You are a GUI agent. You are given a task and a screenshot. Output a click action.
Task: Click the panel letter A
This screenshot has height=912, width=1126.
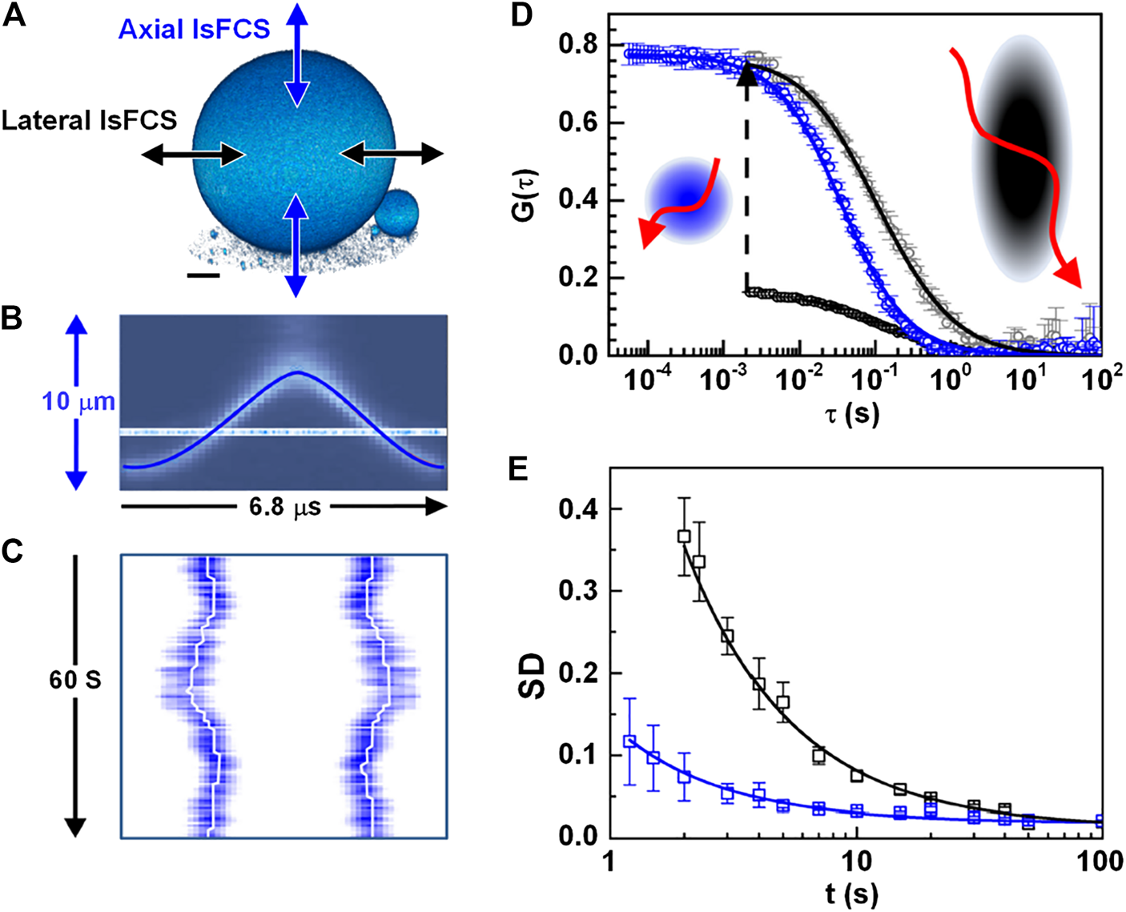pos(14,16)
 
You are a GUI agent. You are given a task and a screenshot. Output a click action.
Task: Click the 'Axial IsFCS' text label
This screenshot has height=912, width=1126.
pos(194,30)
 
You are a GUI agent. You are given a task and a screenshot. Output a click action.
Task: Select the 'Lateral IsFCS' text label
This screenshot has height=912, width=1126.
pos(89,120)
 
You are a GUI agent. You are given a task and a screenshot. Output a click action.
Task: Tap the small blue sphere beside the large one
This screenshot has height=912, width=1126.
pos(396,213)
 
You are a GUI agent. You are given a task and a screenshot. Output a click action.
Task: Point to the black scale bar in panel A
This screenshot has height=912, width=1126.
pos(203,276)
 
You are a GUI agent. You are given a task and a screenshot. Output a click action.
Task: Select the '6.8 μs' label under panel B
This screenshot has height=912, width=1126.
pos(284,507)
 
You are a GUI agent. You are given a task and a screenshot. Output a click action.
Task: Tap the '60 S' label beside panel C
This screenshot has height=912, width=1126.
pos(75,680)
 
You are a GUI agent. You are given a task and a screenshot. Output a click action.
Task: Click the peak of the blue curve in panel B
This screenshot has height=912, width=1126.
pos(297,372)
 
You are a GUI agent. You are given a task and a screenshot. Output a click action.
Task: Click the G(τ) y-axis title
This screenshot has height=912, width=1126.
pos(527,196)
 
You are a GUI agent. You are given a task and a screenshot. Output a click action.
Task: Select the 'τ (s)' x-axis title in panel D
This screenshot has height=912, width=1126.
pos(852,413)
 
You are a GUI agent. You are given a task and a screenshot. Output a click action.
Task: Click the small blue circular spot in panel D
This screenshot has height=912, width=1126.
pos(688,200)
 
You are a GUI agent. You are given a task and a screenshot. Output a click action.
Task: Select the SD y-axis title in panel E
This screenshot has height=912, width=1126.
pos(531,677)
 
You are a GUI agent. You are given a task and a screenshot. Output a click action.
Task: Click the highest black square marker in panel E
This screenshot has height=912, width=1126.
pos(684,536)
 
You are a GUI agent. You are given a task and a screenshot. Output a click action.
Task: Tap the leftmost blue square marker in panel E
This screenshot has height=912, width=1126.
pos(629,741)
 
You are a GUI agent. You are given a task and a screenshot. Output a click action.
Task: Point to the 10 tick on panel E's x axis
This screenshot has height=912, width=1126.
pos(856,861)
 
